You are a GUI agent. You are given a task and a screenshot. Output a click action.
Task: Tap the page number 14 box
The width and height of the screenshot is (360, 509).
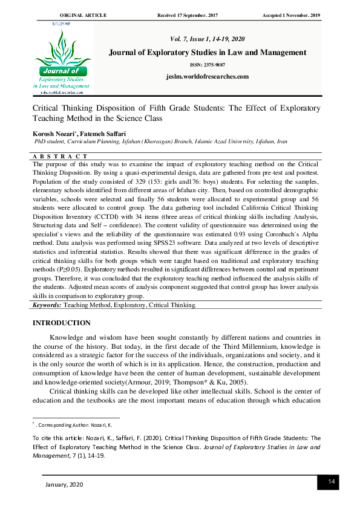tap(331, 481)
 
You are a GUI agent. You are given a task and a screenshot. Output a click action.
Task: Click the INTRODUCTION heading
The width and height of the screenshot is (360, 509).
tap(61, 323)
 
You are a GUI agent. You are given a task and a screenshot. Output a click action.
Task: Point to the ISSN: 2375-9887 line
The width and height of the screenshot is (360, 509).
tap(207, 65)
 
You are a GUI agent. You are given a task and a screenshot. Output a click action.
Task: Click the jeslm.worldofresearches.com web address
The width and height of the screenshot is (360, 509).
tap(207, 76)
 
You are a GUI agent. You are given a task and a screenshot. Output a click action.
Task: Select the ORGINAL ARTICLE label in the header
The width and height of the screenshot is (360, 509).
tap(83, 14)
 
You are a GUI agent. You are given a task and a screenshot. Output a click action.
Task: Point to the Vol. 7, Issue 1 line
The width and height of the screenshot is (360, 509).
tap(207, 39)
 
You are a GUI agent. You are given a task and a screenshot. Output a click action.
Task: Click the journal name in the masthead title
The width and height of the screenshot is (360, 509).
tap(207, 53)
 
